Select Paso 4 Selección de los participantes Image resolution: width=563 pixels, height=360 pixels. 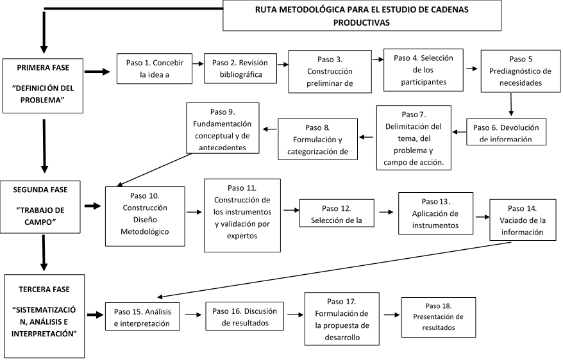tap(423, 70)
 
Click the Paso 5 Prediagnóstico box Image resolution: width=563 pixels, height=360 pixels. tap(520, 70)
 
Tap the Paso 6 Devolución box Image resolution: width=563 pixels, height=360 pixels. tap(506, 132)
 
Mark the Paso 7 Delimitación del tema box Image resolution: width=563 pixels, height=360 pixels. tap(413, 137)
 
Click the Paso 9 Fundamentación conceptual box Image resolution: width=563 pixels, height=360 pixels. tap(223, 128)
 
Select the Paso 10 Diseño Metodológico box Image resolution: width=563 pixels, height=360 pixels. tap(145, 216)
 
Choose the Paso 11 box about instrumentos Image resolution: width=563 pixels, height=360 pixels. tap(242, 215)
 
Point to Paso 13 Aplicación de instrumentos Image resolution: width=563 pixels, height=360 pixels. tap(435, 213)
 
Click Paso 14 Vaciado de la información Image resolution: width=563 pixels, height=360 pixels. tap(521, 220)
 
